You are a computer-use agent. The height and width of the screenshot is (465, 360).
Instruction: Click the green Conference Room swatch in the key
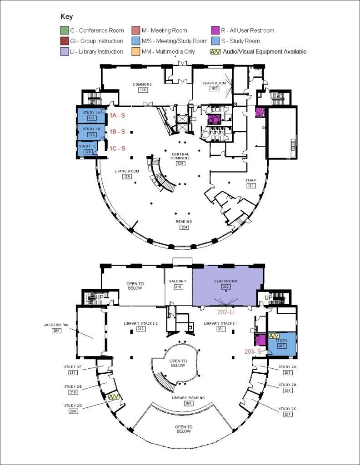(x=64, y=30)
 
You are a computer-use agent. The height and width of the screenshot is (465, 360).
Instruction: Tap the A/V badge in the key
(x=215, y=51)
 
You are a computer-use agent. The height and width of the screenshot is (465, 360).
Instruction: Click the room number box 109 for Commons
(x=142, y=90)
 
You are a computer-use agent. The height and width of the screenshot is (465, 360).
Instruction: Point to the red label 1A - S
(x=117, y=115)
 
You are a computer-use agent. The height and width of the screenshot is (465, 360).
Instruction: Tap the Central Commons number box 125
(x=180, y=163)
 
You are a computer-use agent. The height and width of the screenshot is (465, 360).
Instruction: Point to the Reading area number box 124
(x=185, y=227)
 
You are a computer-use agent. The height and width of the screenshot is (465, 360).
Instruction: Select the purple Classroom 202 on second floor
(x=227, y=286)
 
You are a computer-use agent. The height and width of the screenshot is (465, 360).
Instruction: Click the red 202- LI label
(x=226, y=312)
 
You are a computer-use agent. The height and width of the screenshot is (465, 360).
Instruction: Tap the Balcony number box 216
(x=178, y=287)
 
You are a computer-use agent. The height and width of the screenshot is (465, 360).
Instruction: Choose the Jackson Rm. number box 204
(x=56, y=331)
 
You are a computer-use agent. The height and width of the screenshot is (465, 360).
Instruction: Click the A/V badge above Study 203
(x=274, y=336)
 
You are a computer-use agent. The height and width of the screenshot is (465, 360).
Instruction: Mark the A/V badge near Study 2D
(x=114, y=396)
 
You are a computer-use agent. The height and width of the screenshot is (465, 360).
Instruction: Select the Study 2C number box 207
(x=288, y=415)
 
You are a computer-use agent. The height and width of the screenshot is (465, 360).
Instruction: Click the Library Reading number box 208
(x=188, y=403)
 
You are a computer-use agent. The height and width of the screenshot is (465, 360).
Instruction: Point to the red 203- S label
(x=253, y=351)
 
